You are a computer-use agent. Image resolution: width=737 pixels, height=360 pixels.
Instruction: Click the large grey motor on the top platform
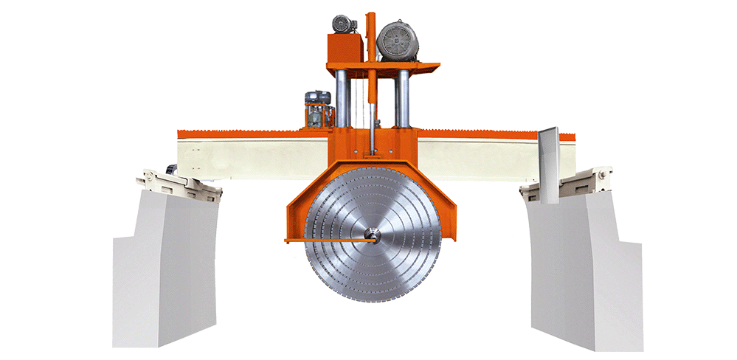398,41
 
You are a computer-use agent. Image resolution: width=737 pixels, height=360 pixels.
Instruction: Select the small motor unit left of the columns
318,109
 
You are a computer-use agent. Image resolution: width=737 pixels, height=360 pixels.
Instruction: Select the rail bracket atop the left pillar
181,184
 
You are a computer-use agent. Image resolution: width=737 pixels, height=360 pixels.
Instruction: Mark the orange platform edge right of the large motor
430,66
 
